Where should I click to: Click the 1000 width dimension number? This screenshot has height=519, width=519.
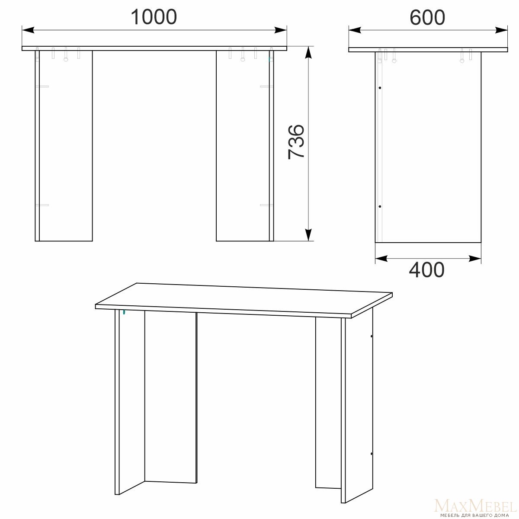[154, 17]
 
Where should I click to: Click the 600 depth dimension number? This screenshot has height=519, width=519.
[427, 17]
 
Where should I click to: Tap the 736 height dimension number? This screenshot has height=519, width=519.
[296, 142]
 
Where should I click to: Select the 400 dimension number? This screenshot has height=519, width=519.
[426, 269]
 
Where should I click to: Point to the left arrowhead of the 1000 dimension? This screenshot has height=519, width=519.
[28, 30]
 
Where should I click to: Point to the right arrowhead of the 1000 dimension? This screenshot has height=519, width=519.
[280, 30]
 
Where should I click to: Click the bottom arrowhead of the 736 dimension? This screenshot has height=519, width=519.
[308, 234]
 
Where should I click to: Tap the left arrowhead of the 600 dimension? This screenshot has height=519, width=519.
[355, 30]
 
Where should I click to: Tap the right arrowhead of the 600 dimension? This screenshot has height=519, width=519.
[501, 30]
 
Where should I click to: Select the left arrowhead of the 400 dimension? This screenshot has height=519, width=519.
[381, 259]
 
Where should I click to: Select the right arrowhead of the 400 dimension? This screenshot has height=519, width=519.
[475, 259]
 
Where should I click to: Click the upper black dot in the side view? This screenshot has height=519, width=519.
[380, 88]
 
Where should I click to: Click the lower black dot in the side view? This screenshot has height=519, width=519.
[380, 207]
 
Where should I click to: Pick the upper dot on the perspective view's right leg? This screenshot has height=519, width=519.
[372, 336]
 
